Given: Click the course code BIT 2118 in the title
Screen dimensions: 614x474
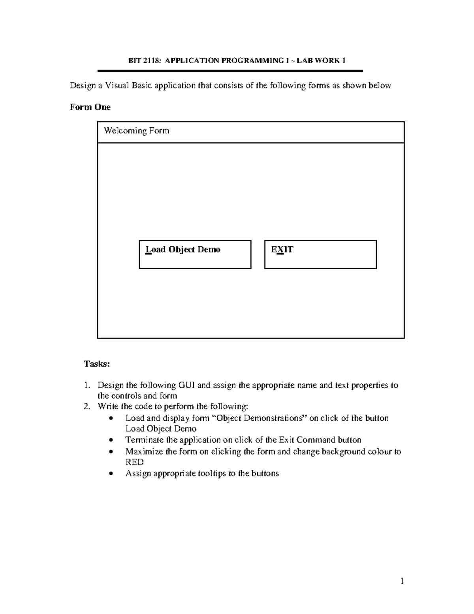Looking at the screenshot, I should coord(145,60).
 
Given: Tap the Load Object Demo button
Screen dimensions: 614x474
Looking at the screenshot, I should coord(195,254).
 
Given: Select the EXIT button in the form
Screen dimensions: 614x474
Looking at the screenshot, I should coord(320,254).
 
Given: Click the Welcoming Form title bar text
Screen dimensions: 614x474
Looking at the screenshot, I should coord(136,131).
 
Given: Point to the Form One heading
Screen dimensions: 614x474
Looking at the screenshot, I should coord(90,107).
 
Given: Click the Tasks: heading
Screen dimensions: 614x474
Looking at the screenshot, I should coord(96,364).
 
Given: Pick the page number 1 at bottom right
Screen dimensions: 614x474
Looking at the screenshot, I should coord(402,581).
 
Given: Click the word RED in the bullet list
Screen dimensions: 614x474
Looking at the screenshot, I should coord(134,462).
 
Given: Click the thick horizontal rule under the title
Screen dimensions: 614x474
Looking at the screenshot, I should coord(230,71).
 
